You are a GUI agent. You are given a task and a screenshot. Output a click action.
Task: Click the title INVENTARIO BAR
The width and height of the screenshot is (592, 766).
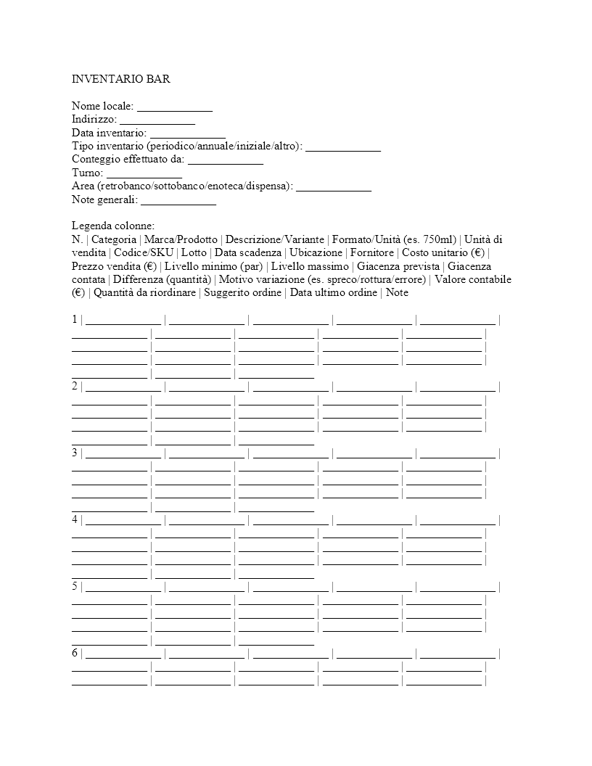click(121, 79)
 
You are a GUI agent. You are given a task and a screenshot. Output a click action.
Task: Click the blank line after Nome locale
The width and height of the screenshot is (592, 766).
click(175, 107)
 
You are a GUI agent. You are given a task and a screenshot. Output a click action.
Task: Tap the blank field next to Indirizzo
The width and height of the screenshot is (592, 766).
click(157, 120)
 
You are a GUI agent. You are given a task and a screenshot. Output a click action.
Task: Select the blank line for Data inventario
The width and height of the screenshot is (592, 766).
click(188, 133)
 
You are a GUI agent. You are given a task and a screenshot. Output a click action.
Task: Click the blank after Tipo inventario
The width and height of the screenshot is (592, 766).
click(343, 147)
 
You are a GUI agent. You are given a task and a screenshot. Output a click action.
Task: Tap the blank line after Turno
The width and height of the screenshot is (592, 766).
click(144, 173)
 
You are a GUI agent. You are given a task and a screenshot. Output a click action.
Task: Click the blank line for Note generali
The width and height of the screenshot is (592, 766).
click(178, 200)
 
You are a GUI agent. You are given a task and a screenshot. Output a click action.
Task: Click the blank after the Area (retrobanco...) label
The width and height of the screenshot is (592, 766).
click(334, 187)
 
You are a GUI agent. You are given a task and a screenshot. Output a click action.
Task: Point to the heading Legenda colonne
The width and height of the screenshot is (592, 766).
click(113, 226)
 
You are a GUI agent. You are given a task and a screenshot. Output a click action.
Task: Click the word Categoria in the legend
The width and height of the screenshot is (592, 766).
click(114, 239)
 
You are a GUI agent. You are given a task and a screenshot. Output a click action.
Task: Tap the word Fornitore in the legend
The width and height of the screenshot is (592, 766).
click(373, 253)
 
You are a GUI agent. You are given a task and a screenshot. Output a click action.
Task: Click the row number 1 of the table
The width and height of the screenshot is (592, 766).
click(75, 320)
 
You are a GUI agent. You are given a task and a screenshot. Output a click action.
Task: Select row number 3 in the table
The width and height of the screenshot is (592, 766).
click(75, 453)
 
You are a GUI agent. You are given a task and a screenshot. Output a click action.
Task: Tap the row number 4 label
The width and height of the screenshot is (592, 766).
click(75, 520)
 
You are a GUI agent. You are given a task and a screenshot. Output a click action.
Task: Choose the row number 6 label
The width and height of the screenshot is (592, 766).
click(75, 654)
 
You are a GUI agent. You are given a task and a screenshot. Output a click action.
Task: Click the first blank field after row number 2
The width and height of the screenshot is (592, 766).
click(123, 387)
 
